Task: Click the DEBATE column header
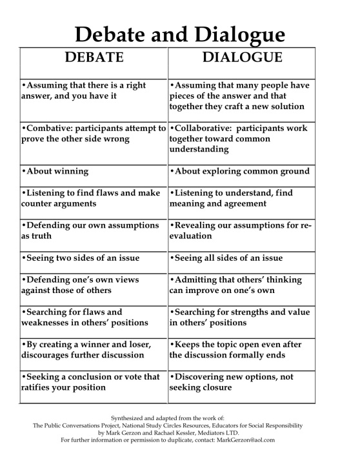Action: [x=94, y=57]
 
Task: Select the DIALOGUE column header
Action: [x=243, y=57]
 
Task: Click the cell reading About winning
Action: [x=55, y=172]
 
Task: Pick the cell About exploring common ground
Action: [x=239, y=172]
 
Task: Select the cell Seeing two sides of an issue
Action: [x=80, y=258]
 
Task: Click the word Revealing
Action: [x=199, y=225]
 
